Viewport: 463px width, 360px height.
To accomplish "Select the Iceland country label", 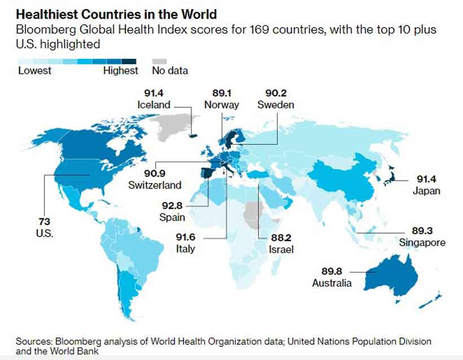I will coord(153,104).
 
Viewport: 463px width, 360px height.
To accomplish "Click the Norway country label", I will coord(221,104).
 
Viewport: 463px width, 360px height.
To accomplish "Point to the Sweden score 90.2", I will coord(276,93).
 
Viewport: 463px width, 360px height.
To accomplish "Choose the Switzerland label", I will coord(155,185).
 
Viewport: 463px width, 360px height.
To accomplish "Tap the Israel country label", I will coord(281,249).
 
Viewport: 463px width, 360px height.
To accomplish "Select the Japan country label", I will coord(426,191).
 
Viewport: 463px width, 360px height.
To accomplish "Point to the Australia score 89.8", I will coord(332,271).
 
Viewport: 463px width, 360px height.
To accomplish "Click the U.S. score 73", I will coord(45,222).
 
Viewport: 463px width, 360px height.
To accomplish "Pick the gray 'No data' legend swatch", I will coord(161,61).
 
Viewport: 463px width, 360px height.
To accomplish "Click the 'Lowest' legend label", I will coord(34,71).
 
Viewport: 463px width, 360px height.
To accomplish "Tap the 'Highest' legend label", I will coord(120,71).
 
